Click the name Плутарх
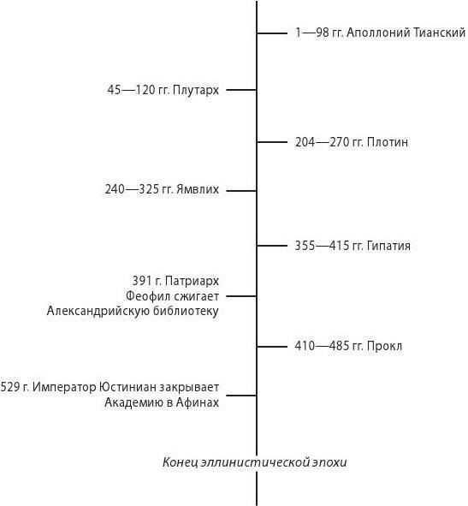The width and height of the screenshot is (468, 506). point(196,91)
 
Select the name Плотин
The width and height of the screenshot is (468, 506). point(388,142)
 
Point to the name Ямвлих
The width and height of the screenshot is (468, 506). point(198,189)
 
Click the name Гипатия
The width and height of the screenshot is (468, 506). point(388,246)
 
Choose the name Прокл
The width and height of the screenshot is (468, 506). point(384,346)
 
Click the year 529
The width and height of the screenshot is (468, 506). point(10,387)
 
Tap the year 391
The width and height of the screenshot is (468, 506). point(142,281)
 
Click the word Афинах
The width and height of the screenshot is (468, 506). point(198,402)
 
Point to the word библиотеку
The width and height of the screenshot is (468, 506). point(187,311)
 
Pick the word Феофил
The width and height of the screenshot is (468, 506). point(145,296)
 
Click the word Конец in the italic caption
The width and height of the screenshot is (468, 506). point(180,462)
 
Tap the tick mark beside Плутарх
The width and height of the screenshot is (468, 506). point(241,90)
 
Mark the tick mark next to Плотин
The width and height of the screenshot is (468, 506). point(272,142)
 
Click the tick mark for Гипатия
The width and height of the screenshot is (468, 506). point(272,246)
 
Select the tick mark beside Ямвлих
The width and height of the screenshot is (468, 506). point(241,191)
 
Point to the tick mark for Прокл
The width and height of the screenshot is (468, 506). point(272,347)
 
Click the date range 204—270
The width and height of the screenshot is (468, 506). point(321,142)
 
